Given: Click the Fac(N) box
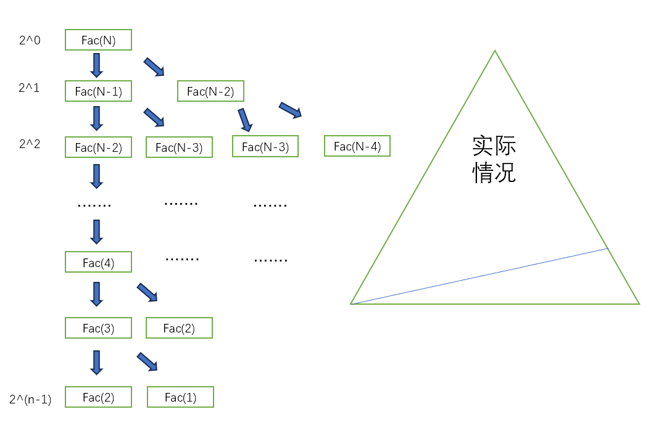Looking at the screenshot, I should pyautogui.click(x=98, y=40).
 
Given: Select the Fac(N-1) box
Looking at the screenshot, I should pyautogui.click(x=98, y=91).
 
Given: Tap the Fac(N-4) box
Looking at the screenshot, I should pyautogui.click(x=357, y=146).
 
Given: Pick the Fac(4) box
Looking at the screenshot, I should pyautogui.click(x=98, y=262).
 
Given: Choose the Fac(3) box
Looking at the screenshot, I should pyautogui.click(x=98, y=328).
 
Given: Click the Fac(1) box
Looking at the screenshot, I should pyautogui.click(x=180, y=397).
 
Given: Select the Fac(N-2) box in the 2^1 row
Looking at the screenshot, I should pyautogui.click(x=210, y=91).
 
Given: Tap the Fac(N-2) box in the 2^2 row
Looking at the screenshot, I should pyautogui.click(x=98, y=147).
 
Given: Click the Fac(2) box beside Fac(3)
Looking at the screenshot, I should pyautogui.click(x=179, y=328).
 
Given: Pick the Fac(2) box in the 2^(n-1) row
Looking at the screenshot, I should pyautogui.click(x=98, y=397).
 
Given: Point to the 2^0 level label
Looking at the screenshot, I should pyautogui.click(x=29, y=41).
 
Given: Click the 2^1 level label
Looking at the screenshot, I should pyautogui.click(x=29, y=88).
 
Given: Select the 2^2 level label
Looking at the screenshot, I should pyautogui.click(x=29, y=144).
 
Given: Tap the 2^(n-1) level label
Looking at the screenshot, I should pyautogui.click(x=30, y=400).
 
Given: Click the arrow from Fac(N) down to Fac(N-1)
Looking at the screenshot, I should pyautogui.click(x=96, y=65).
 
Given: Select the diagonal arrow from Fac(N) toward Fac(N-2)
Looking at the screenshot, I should pyautogui.click(x=154, y=67).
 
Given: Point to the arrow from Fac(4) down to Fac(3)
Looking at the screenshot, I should pyautogui.click(x=96, y=294).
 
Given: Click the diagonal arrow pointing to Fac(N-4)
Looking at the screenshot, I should pyautogui.click(x=290, y=110).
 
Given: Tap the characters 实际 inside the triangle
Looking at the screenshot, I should pyautogui.click(x=494, y=147).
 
